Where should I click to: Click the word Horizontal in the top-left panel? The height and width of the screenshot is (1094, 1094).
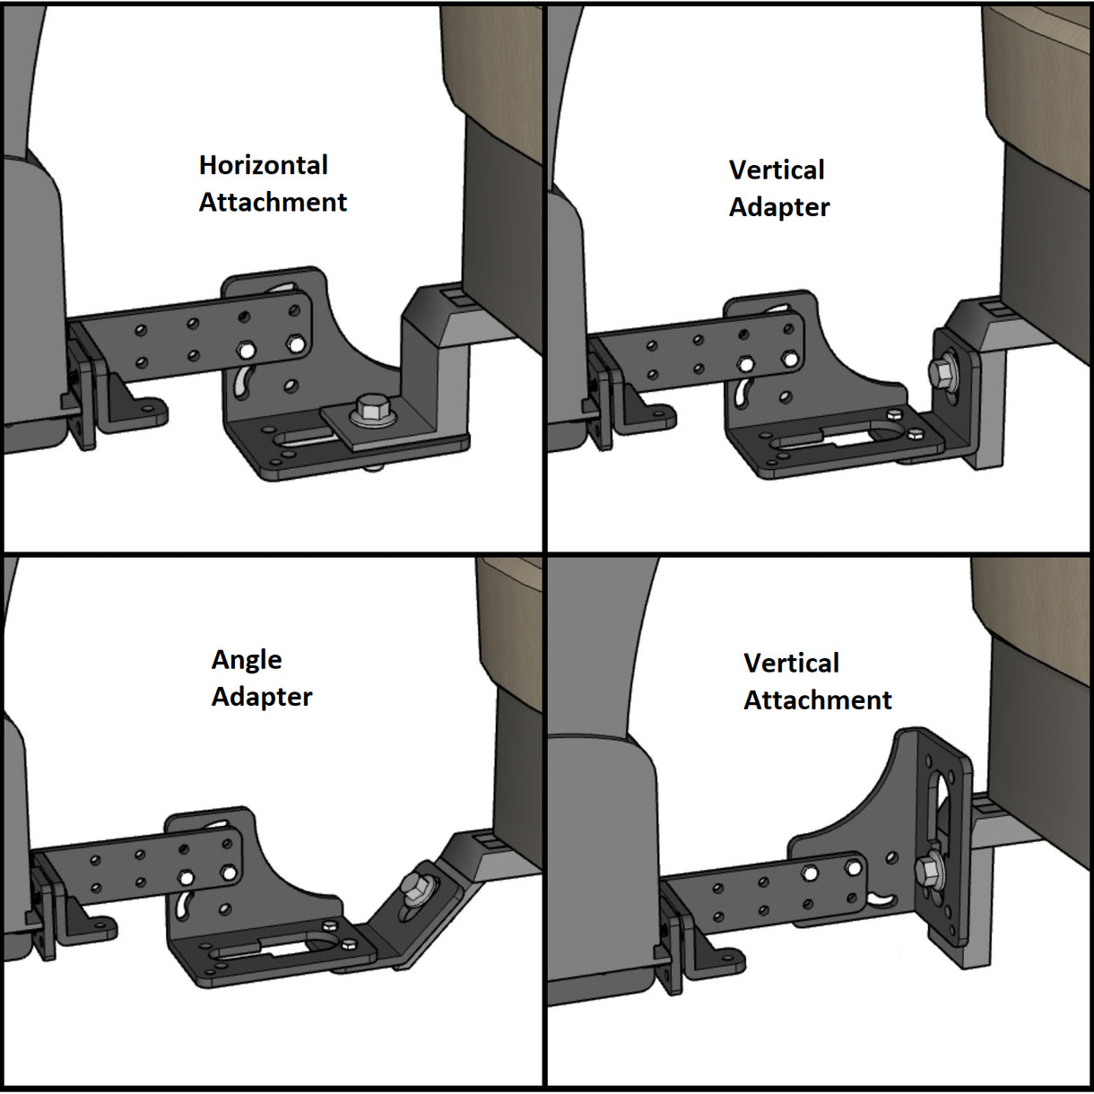pyautogui.click(x=264, y=165)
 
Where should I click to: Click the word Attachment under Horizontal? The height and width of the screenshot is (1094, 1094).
pyautogui.click(x=273, y=203)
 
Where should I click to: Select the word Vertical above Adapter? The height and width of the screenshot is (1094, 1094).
pyautogui.click(x=777, y=169)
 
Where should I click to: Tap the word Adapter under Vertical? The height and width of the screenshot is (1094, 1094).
pyautogui.click(x=779, y=207)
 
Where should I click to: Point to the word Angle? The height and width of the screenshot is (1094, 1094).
pyautogui.click(x=247, y=660)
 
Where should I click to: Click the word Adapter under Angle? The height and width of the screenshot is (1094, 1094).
pyautogui.click(x=262, y=697)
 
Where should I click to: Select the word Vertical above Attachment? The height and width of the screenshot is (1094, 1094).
pyautogui.click(x=792, y=663)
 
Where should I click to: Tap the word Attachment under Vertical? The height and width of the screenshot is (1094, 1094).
pyautogui.click(x=818, y=700)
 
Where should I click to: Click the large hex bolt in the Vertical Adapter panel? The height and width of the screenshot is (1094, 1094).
pyautogui.click(x=944, y=372)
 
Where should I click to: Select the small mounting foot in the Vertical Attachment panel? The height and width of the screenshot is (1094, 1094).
pyautogui.click(x=722, y=962)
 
